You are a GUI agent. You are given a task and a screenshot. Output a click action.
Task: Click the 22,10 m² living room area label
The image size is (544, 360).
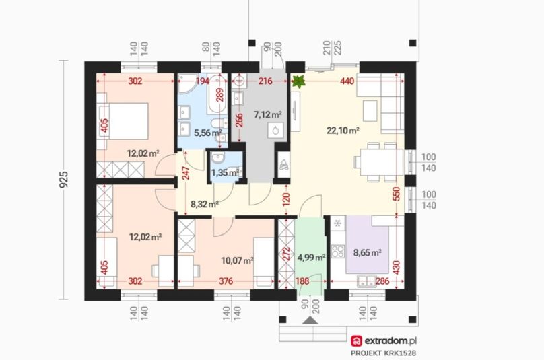point(343,131)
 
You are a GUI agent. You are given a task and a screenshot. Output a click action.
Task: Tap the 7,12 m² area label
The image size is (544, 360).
point(267,114)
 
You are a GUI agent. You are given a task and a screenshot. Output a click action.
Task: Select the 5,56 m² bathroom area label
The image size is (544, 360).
point(208,133)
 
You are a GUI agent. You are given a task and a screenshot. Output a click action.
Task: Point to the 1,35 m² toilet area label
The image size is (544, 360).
point(225,172)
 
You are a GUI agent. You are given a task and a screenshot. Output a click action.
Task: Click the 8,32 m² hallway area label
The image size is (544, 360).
point(205,204)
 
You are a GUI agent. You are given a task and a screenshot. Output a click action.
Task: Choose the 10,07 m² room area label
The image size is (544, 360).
point(237,260)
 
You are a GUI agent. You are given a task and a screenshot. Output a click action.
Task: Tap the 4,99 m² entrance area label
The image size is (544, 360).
point(311,257)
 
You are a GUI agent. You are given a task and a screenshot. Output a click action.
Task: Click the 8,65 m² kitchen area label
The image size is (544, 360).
point(368,252)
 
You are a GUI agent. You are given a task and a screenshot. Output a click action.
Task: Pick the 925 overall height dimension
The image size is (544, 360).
point(65,179)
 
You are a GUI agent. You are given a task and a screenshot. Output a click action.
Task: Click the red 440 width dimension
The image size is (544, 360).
point(347,81)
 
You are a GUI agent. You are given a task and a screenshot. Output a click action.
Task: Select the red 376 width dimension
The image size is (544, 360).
point(226,281)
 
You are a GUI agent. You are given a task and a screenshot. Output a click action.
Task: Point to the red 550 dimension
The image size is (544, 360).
point(396,194)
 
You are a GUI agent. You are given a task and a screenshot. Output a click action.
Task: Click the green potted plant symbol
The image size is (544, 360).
point(298,81)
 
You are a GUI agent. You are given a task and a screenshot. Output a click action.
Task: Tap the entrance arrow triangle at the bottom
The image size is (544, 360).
point(310,320)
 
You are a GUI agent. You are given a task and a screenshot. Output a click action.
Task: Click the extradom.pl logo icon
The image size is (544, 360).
point(356,341)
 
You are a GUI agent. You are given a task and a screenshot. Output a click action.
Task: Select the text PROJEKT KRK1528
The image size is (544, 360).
point(383,353)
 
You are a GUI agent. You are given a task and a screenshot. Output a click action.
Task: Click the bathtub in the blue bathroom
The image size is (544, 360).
point(217,94)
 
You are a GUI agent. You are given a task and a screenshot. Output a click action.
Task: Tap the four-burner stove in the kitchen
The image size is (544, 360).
point(337,251)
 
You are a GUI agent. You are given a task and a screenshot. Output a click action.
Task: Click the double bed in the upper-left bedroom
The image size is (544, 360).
point(124,121)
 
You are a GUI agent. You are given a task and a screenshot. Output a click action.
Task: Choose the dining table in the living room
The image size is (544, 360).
point(382,162)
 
